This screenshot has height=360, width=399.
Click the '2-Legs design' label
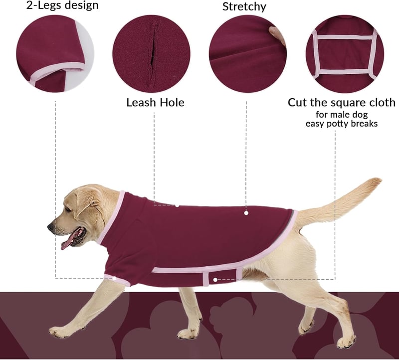(62, 5)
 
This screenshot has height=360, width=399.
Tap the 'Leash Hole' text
(155, 103)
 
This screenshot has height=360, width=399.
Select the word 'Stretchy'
(244, 6)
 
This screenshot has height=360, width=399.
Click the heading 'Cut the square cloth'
(342, 103)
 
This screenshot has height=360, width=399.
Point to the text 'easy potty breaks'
(342, 124)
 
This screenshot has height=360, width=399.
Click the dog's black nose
(51, 227)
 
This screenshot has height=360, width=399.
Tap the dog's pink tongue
(67, 242)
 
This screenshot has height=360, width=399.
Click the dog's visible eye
(68, 209)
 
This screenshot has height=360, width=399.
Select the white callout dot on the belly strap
(215, 280)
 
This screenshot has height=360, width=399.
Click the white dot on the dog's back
(246, 213)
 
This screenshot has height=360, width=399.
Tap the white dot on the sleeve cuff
(115, 278)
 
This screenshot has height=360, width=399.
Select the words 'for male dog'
(342, 115)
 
